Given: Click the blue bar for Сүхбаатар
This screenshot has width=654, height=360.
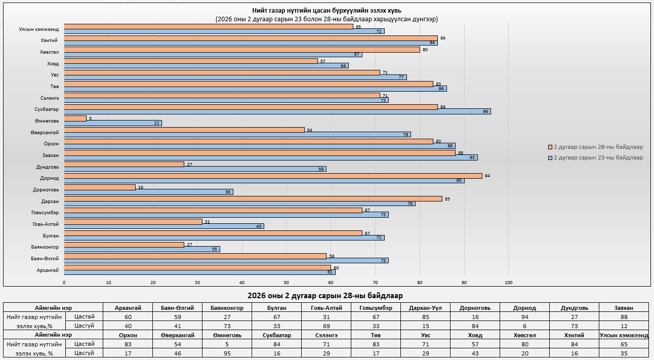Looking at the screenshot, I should click(x=277, y=111).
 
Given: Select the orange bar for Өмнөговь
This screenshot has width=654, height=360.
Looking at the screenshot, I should click(x=75, y=118).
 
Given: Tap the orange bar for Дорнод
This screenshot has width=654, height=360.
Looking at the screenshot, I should click(x=273, y=176).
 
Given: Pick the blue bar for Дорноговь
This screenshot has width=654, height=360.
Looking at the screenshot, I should click(x=149, y=192).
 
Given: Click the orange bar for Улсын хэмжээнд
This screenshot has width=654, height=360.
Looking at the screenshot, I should click(x=209, y=26).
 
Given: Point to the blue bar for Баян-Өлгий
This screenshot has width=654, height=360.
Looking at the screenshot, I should click(x=226, y=261).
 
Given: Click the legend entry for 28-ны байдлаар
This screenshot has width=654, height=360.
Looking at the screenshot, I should click(x=598, y=147).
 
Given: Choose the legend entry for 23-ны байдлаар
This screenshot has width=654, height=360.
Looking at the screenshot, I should click(x=598, y=157).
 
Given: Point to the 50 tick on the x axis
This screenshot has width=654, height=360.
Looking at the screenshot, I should click(x=287, y=283).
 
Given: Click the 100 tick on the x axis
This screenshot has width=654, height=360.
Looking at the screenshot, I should click(x=509, y=283).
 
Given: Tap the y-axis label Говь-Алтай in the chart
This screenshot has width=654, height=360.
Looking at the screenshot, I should click(x=46, y=224).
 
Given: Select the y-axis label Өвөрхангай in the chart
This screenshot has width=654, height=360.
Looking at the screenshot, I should click(x=45, y=132).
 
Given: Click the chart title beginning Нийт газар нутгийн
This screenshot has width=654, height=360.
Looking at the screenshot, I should click(x=326, y=11).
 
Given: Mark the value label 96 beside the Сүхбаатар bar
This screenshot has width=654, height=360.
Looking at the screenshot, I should click(x=485, y=111).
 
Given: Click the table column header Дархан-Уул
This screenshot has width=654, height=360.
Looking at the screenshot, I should click(x=425, y=307).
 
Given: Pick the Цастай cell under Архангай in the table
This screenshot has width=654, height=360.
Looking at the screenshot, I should click(x=128, y=316).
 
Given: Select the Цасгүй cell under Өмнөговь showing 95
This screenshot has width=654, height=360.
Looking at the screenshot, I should click(x=227, y=352).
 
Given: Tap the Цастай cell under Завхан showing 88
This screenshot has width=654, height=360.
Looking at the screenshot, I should click(x=623, y=316).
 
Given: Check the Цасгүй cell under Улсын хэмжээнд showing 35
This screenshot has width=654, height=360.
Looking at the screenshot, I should click(x=623, y=352).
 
